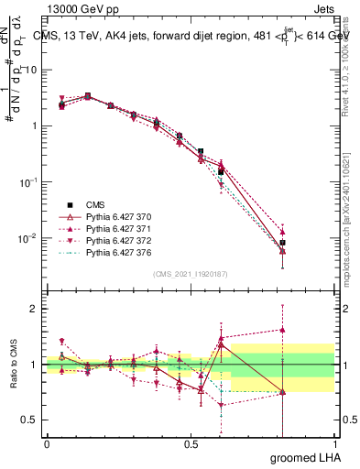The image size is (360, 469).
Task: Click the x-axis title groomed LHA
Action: (x=303, y=457)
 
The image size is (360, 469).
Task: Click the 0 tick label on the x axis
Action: (x=47, y=443)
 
